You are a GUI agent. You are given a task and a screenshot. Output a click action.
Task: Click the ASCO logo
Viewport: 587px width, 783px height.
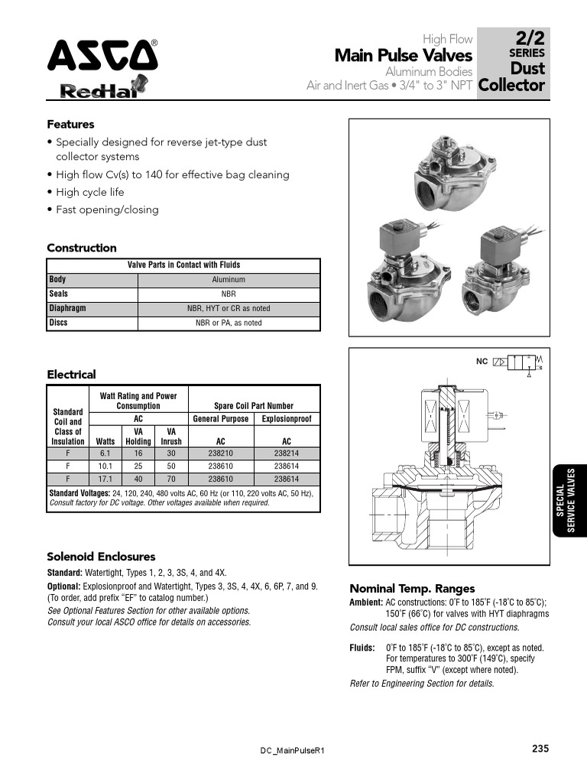click(102, 55)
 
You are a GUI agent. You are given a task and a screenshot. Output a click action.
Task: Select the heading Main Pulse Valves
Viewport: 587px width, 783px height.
click(404, 55)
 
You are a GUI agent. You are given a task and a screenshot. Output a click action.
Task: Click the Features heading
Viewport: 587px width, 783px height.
click(70, 124)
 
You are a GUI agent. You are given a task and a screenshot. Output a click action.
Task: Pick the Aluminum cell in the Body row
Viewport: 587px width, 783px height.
click(229, 280)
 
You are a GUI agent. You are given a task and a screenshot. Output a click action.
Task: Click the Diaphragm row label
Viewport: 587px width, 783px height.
click(68, 308)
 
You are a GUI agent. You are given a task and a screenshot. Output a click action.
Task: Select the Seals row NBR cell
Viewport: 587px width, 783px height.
click(229, 294)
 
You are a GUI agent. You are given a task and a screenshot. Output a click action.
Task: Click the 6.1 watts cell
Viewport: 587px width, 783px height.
click(105, 452)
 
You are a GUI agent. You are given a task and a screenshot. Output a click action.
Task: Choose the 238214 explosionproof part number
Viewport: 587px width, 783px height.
click(287, 452)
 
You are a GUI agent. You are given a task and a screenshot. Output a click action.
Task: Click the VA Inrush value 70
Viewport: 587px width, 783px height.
click(171, 478)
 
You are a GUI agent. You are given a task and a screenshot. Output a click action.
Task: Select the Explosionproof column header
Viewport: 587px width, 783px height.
click(287, 419)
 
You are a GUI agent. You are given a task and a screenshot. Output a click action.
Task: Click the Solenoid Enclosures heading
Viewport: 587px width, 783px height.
click(101, 557)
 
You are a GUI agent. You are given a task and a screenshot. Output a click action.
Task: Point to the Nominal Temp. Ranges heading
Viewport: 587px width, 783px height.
click(412, 588)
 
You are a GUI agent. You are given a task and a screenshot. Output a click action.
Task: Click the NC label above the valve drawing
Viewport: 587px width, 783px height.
click(482, 361)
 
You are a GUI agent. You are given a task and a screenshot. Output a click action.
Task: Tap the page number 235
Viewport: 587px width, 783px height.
click(540, 749)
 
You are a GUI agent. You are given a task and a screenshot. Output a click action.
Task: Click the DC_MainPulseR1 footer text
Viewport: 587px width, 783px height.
click(293, 751)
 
